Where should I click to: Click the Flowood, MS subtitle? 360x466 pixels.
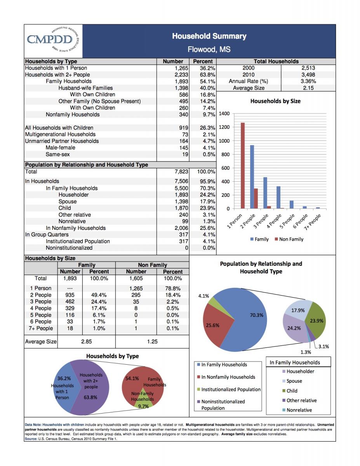point(209,50)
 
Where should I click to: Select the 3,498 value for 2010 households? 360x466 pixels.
point(308,75)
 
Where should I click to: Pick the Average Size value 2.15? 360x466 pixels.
point(308,88)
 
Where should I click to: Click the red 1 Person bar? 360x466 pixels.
point(243,165)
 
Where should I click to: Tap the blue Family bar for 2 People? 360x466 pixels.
point(252,177)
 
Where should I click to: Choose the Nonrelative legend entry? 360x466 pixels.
point(299,410)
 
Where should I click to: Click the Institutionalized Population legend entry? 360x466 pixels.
point(230,389)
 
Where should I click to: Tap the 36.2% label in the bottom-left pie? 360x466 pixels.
point(64,378)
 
